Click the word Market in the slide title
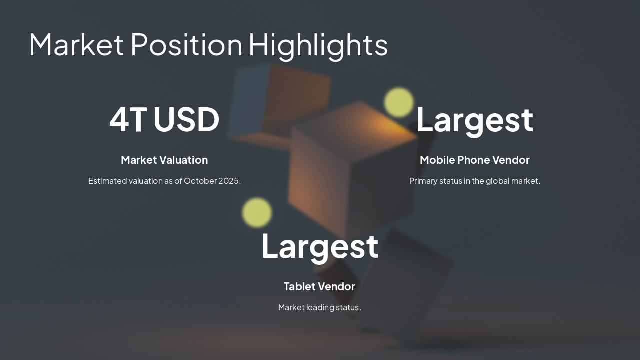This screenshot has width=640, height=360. tap(76, 44)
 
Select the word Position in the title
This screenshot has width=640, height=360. tap(186, 44)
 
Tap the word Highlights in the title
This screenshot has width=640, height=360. tap(318, 45)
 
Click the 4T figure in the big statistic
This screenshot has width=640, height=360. tap(128, 119)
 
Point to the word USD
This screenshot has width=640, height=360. tap(186, 119)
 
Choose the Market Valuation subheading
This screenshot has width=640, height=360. tap(164, 160)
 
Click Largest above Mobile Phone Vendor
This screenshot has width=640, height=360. tap(474, 120)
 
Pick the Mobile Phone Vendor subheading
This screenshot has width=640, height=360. tap(474, 160)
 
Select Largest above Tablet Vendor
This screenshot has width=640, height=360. tap(320, 246)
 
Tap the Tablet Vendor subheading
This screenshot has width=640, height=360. tap(319, 286)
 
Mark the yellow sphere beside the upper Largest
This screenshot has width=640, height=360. tap(399, 102)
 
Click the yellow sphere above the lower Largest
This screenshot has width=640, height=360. tap(257, 212)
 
